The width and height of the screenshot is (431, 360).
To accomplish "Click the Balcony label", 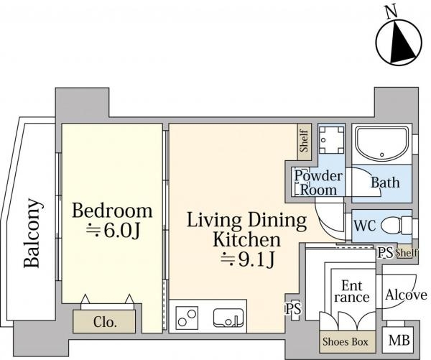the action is (33, 233).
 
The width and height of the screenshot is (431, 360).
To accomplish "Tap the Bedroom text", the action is (112, 211).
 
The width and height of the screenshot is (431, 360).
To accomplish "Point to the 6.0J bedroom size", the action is (113, 231).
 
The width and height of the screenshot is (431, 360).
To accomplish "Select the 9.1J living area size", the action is (247, 259).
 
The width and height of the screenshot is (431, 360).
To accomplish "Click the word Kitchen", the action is (247, 239).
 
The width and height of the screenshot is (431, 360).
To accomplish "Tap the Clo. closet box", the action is (104, 321).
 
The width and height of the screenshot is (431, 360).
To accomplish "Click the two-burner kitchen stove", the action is (187, 318).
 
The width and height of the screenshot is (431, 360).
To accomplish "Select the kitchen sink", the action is (228, 318).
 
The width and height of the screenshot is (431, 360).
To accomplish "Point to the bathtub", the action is (382, 144).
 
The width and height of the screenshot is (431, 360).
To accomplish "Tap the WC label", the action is (365, 226).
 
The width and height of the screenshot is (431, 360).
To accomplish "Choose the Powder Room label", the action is (318, 183).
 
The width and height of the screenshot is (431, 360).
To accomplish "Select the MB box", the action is (398, 340).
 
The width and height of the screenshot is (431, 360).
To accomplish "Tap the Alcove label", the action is (406, 295).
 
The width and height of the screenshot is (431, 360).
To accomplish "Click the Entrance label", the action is (352, 291).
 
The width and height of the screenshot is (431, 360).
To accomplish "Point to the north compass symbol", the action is (399, 42).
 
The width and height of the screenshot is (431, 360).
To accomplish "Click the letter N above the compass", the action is (391, 12).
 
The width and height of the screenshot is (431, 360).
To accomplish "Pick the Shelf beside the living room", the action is (305, 142).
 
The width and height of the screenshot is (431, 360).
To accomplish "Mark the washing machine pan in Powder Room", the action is (331, 139).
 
